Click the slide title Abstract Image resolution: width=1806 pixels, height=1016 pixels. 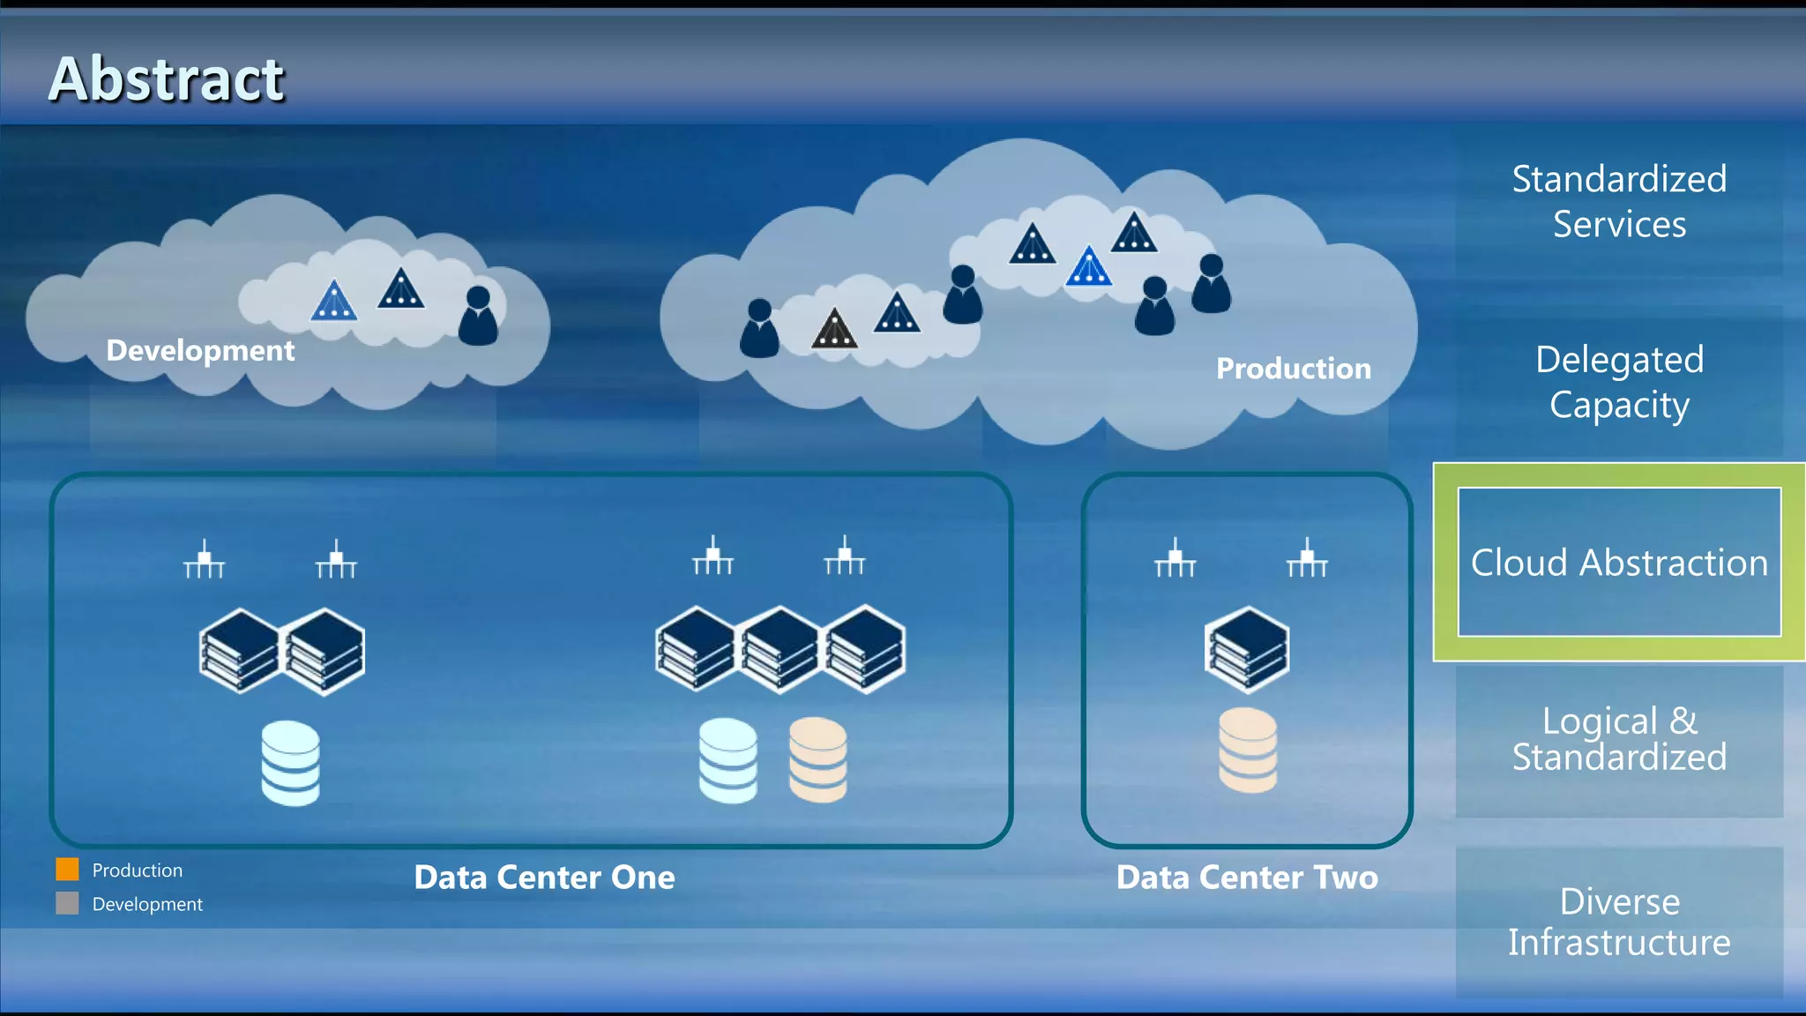[166, 79]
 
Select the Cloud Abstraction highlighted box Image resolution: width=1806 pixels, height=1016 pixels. [1619, 562]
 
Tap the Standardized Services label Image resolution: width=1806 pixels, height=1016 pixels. [1619, 201]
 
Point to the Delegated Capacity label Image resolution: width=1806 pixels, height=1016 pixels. [1619, 382]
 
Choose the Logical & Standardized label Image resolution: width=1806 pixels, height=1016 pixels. [1619, 739]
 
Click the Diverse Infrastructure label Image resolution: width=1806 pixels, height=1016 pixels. [1619, 922]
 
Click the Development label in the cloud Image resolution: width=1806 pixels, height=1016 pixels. [200, 350]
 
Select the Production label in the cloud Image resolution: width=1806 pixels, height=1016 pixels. [1293, 368]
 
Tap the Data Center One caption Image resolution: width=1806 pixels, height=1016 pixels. [544, 877]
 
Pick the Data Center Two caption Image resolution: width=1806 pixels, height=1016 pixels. [1247, 877]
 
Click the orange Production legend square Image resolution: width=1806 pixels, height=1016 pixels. [67, 870]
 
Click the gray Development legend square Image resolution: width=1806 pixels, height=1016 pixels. [67, 903]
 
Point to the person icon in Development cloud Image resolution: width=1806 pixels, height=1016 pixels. [478, 316]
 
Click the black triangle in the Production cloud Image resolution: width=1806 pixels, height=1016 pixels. [834, 329]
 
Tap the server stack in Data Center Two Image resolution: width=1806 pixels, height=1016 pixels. [1247, 649]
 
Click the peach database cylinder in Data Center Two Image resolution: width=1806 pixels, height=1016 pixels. [1247, 751]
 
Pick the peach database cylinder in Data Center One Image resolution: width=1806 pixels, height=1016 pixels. [817, 759]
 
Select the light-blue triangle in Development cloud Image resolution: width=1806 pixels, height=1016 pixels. [334, 302]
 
